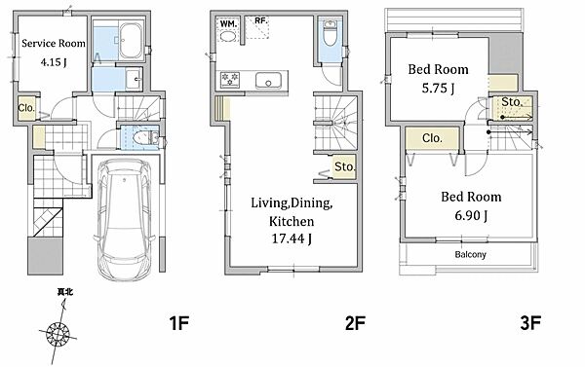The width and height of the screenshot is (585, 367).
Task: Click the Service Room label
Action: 54,44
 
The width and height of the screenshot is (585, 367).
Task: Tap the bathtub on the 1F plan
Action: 131,40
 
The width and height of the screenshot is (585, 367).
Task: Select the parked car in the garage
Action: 125,219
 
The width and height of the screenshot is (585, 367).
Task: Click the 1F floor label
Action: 179,323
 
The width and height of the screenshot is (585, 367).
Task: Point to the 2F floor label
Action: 355,323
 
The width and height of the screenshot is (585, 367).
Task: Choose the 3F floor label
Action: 530,323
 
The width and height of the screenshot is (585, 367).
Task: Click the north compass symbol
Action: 58,333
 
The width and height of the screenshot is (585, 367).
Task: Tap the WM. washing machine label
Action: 228,23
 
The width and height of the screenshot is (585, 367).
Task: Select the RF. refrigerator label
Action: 261,20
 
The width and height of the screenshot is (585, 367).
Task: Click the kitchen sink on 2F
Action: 268,81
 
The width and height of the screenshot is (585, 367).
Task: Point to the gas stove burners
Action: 230,80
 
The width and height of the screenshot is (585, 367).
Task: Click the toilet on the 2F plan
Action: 330,33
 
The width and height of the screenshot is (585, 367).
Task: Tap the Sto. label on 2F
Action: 344,166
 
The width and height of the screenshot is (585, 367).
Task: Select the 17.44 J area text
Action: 292,239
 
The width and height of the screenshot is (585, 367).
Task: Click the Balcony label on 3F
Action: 470,255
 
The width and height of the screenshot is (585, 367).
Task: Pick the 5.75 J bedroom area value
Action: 438,89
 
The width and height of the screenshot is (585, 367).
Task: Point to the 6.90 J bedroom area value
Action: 471,216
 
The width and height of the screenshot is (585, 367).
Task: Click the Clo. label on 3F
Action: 432,138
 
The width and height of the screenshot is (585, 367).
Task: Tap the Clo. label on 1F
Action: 26,108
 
